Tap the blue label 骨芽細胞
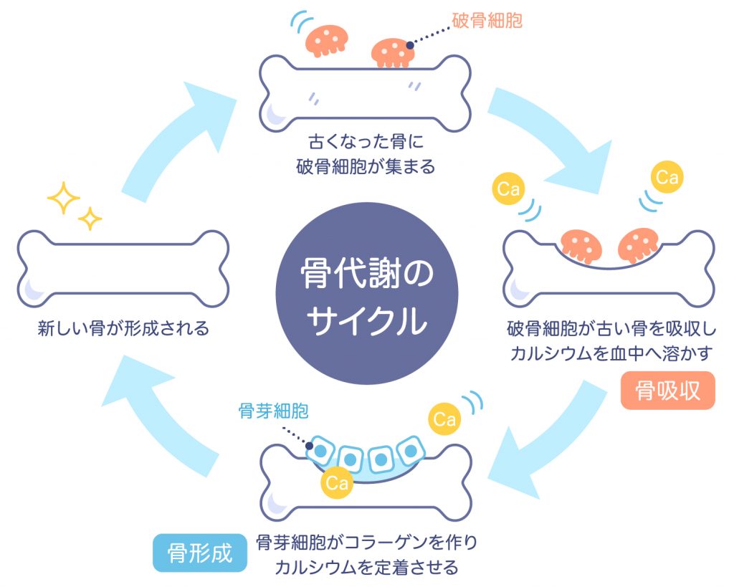click(x=273, y=411)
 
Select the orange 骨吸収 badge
click(x=667, y=391)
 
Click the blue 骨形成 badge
click(x=200, y=553)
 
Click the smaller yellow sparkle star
click(x=90, y=219)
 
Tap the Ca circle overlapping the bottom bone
click(x=336, y=482)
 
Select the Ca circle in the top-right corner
click(x=667, y=177)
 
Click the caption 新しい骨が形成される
click(x=123, y=329)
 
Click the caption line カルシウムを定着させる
click(x=366, y=568)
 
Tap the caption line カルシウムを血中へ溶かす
click(x=610, y=353)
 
